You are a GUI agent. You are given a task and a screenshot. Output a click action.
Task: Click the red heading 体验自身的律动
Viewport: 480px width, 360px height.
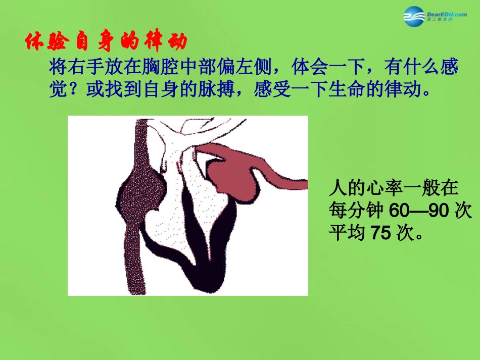coord(106,42)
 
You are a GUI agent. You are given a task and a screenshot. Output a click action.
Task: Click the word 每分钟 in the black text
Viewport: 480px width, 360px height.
coord(354,211)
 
